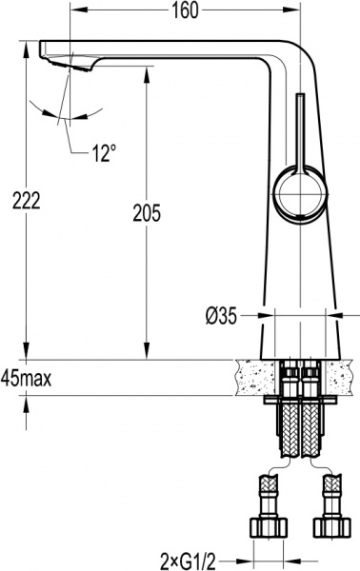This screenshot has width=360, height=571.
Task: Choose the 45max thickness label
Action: click(27, 378)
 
